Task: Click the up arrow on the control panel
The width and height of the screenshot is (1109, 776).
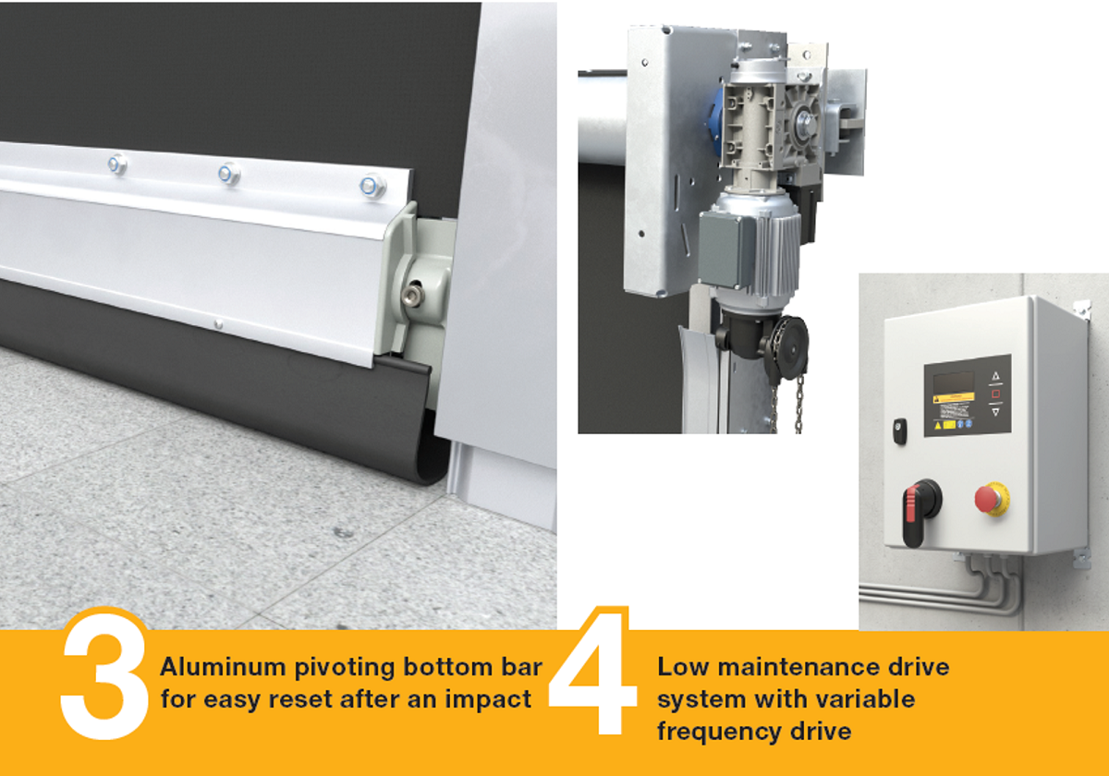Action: [995, 376]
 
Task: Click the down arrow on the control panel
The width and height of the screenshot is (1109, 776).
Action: [995, 412]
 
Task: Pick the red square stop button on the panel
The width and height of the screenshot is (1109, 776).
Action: [995, 394]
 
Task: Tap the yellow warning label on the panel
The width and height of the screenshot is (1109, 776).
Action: [953, 404]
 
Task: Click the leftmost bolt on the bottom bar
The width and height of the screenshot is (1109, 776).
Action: [117, 165]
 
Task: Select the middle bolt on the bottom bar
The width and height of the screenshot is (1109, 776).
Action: [229, 174]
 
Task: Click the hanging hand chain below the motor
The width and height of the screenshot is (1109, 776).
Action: [798, 402]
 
